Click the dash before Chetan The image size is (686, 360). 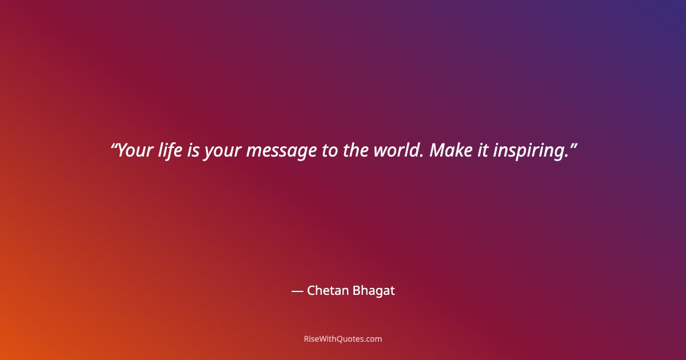297,291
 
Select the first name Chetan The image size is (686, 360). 328,290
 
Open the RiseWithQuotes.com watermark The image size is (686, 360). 342,339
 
